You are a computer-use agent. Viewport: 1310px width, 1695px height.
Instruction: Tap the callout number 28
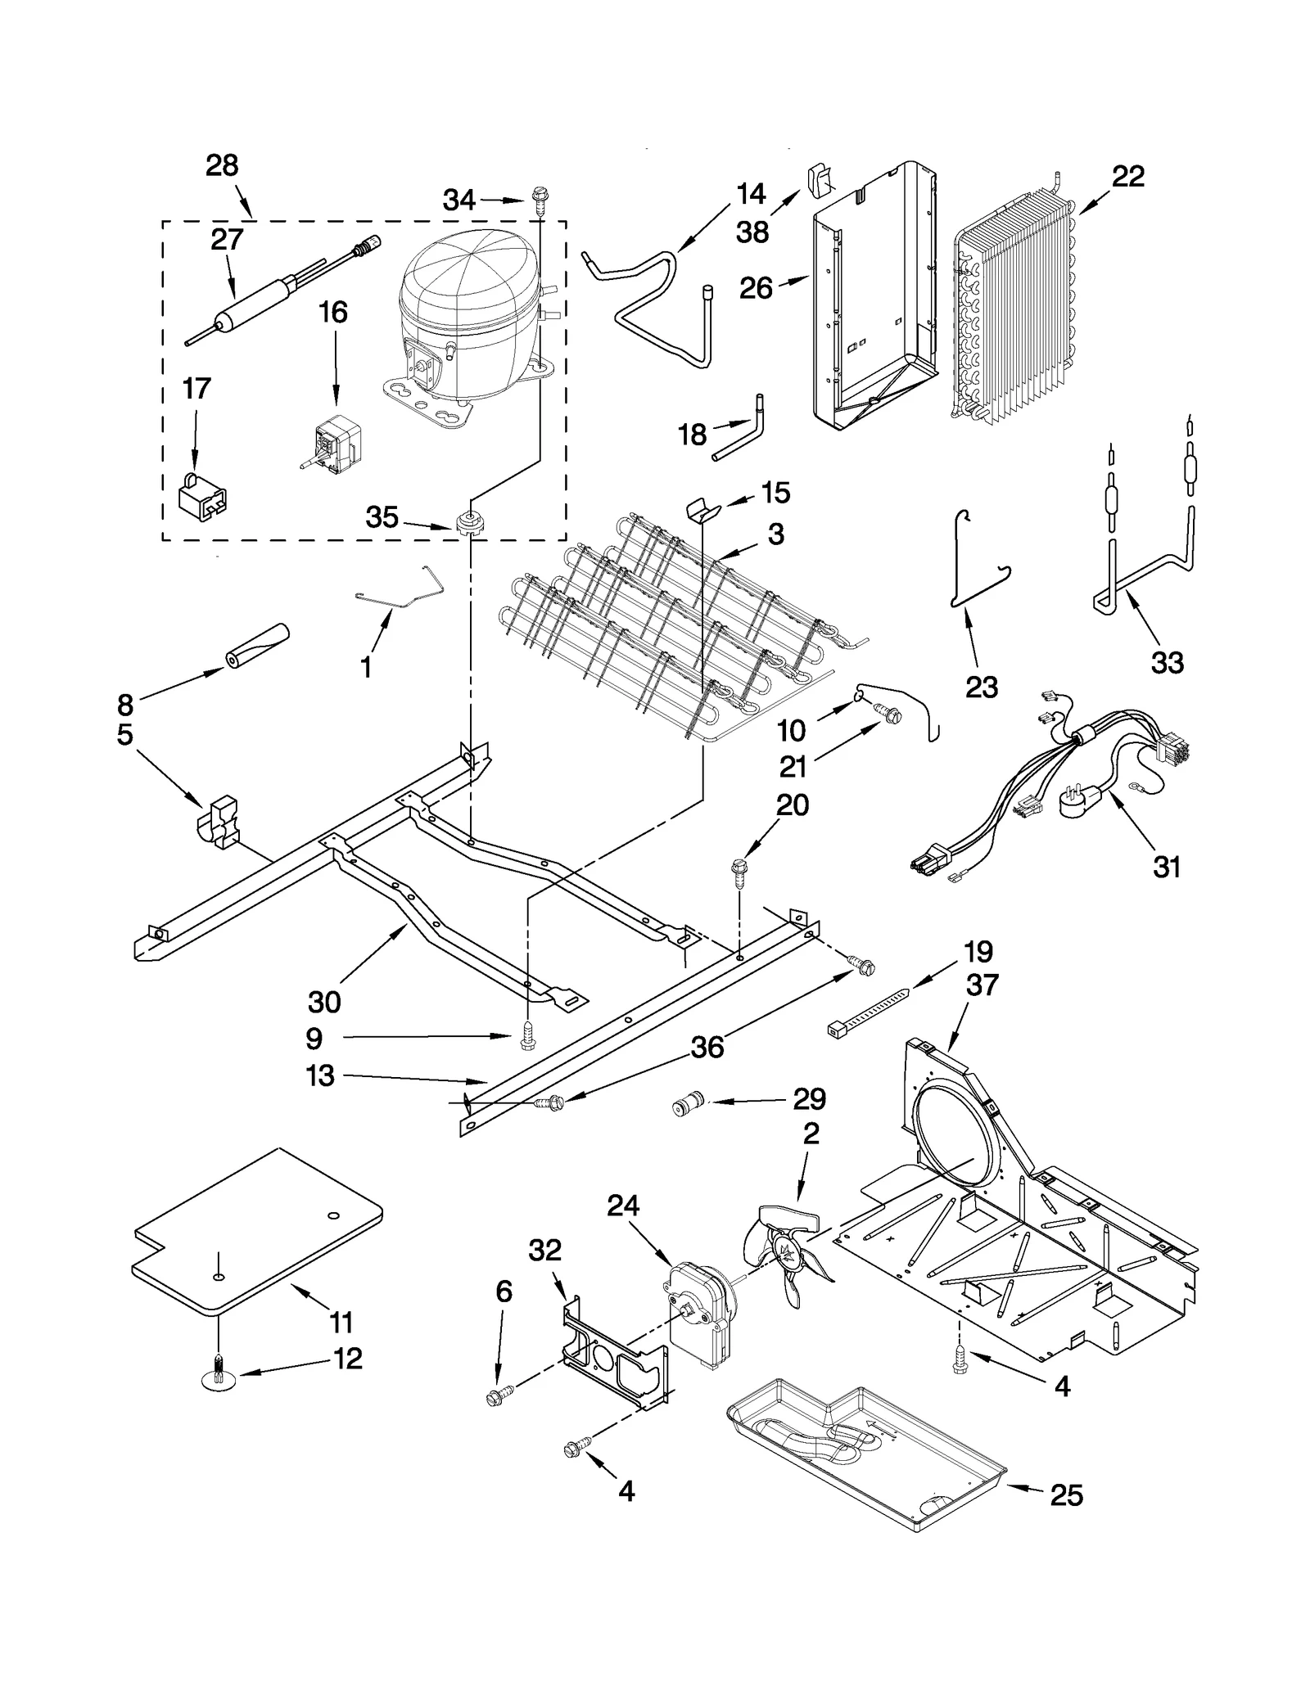tap(222, 166)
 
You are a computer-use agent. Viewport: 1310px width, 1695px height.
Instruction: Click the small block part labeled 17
tap(201, 497)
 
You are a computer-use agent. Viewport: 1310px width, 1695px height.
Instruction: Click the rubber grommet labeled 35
tap(469, 521)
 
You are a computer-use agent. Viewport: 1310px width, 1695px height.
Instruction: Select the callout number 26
tap(756, 288)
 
